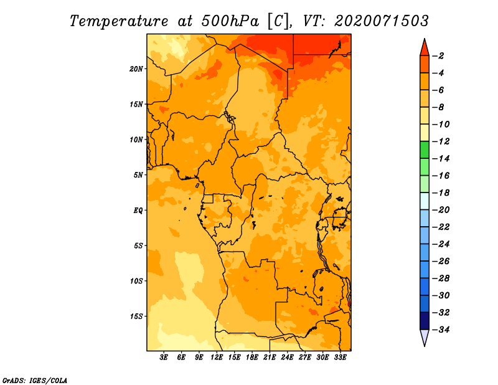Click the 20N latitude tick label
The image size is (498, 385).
pyautogui.click(x=136, y=69)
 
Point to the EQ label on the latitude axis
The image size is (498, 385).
pyautogui.click(x=138, y=211)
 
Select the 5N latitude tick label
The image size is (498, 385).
pyautogui.click(x=138, y=175)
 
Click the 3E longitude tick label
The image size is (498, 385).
pyautogui.click(x=164, y=358)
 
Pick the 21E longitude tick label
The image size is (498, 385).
pyautogui.click(x=270, y=358)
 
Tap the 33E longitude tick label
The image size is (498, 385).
pyautogui.click(x=340, y=358)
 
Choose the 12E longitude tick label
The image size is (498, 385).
pyautogui.click(x=217, y=358)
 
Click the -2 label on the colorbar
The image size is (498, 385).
pyautogui.click(x=438, y=56)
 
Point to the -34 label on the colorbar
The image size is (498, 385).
pyautogui.click(x=441, y=330)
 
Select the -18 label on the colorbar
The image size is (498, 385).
pyautogui.click(x=441, y=192)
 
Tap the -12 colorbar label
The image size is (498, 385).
pyautogui.click(x=441, y=141)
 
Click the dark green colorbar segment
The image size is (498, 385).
pyautogui.click(x=425, y=150)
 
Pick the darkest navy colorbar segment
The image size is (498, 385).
pyautogui.click(x=425, y=321)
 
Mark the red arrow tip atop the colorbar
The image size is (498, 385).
pyautogui.click(x=425, y=39)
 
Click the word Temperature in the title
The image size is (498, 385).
pyautogui.click(x=119, y=21)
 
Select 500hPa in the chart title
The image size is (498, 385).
pyautogui.click(x=230, y=21)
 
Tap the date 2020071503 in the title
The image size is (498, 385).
pyautogui.click(x=382, y=21)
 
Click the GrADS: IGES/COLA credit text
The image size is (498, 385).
pyautogui.click(x=35, y=381)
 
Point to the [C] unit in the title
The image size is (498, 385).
pyautogui.click(x=278, y=21)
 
